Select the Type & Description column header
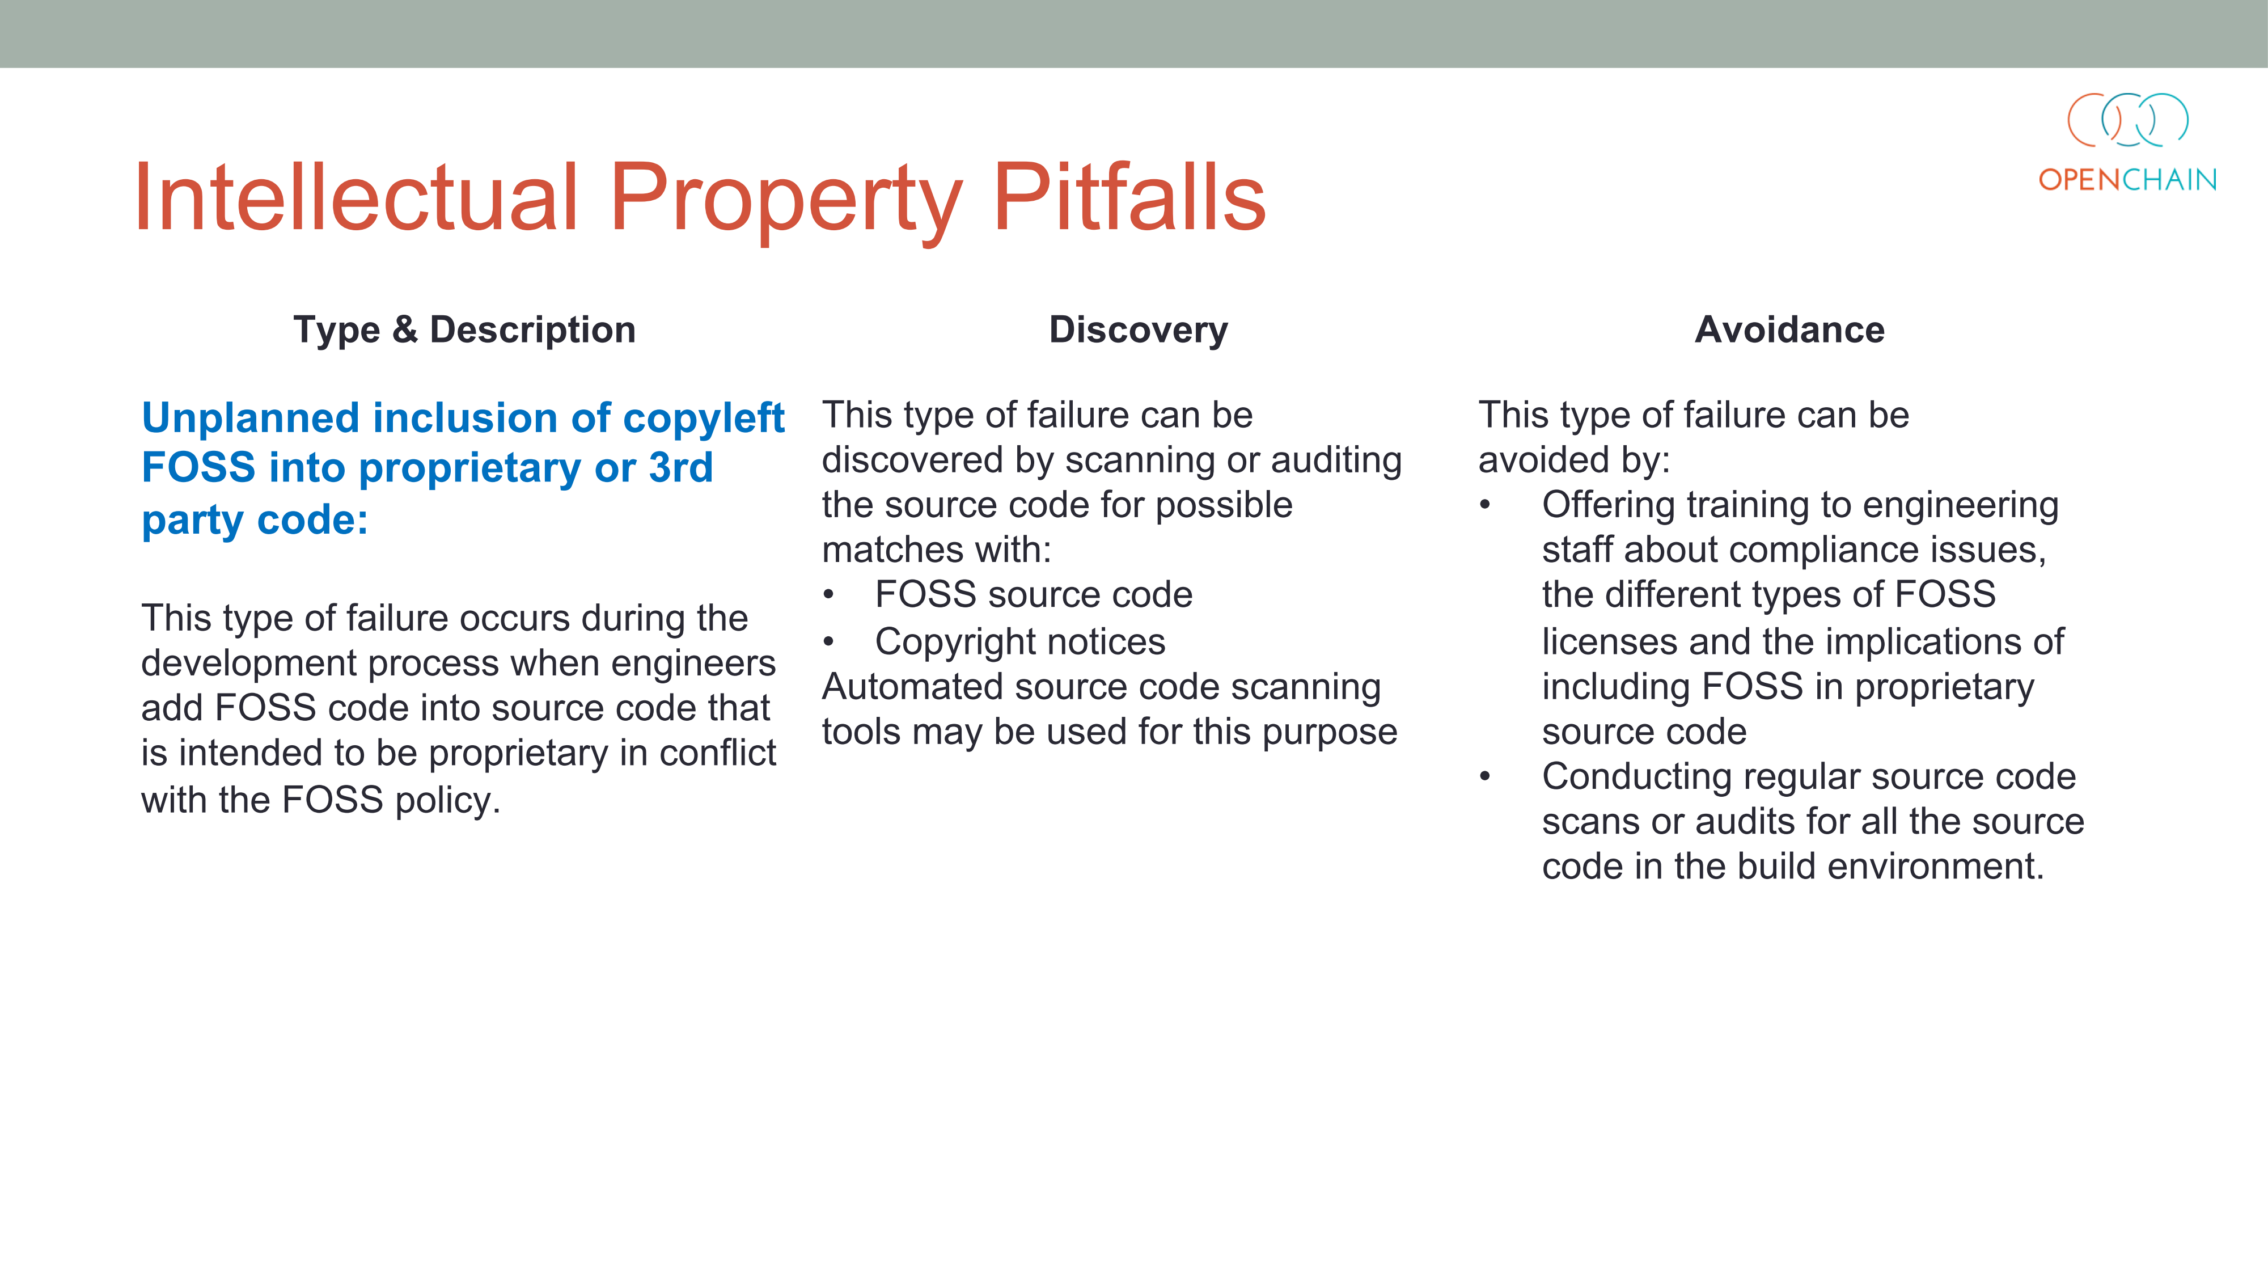(464, 330)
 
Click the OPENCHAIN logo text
(2127, 180)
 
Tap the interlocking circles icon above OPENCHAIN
(2128, 120)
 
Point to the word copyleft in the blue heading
(704, 419)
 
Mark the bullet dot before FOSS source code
(828, 594)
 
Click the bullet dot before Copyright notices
(828, 641)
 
